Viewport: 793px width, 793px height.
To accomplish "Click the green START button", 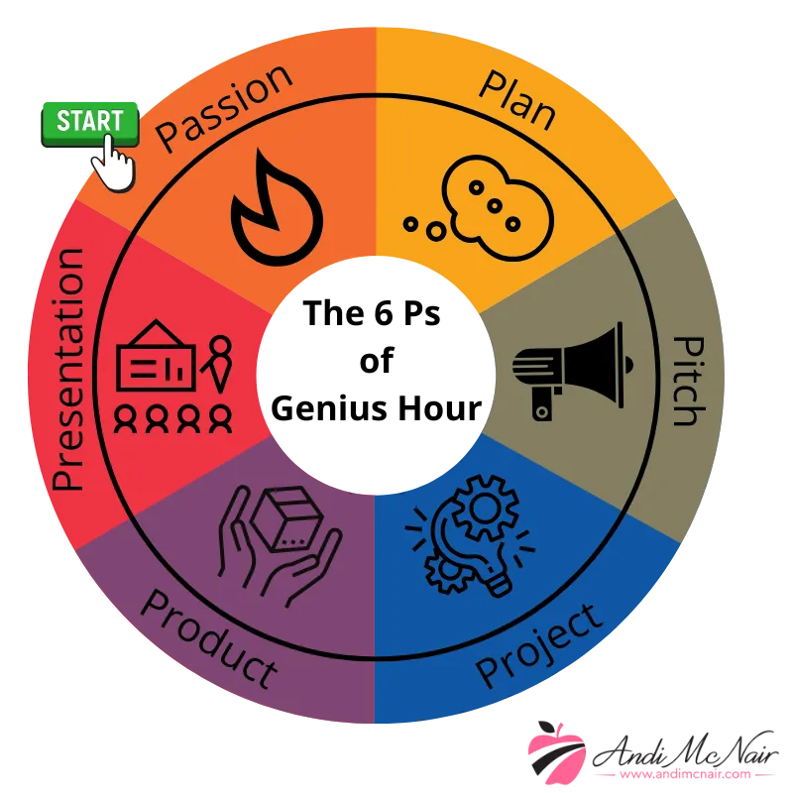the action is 89,123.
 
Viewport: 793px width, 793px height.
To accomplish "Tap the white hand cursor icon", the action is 115,163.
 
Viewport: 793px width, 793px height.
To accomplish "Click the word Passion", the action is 225,108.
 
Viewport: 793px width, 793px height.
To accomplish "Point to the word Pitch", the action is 685,381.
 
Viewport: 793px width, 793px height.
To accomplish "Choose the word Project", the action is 540,644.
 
